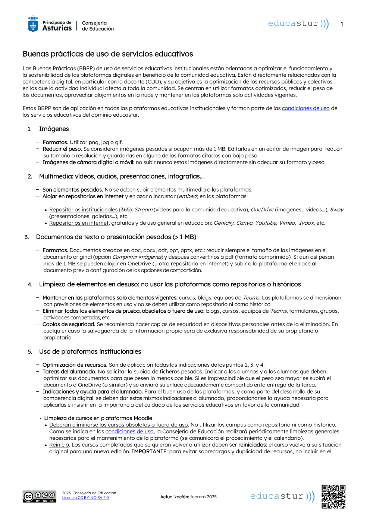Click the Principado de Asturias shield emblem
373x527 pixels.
(33, 24)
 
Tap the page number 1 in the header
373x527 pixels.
(342, 24)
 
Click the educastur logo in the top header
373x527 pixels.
(298, 23)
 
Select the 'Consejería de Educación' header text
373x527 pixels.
(98, 26)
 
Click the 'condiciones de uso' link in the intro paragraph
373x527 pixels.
(305, 108)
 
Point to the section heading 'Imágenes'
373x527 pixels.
(54, 129)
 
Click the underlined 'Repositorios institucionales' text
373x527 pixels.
(84, 210)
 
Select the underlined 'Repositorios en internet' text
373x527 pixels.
(79, 223)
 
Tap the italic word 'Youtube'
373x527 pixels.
(266, 223)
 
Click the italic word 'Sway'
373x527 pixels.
(337, 210)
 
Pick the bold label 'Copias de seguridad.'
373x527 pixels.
(69, 325)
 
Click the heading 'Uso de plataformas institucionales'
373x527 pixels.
(90, 352)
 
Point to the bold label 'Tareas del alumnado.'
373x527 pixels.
(69, 372)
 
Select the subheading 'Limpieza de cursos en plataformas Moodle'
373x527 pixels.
(98, 419)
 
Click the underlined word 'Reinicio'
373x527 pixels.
(59, 445)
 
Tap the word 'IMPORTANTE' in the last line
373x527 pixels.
(149, 452)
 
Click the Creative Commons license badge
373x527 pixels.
(40, 496)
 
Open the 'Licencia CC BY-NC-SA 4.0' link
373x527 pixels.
(85, 498)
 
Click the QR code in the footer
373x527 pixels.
(333, 496)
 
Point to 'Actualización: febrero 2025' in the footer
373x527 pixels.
(188, 497)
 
